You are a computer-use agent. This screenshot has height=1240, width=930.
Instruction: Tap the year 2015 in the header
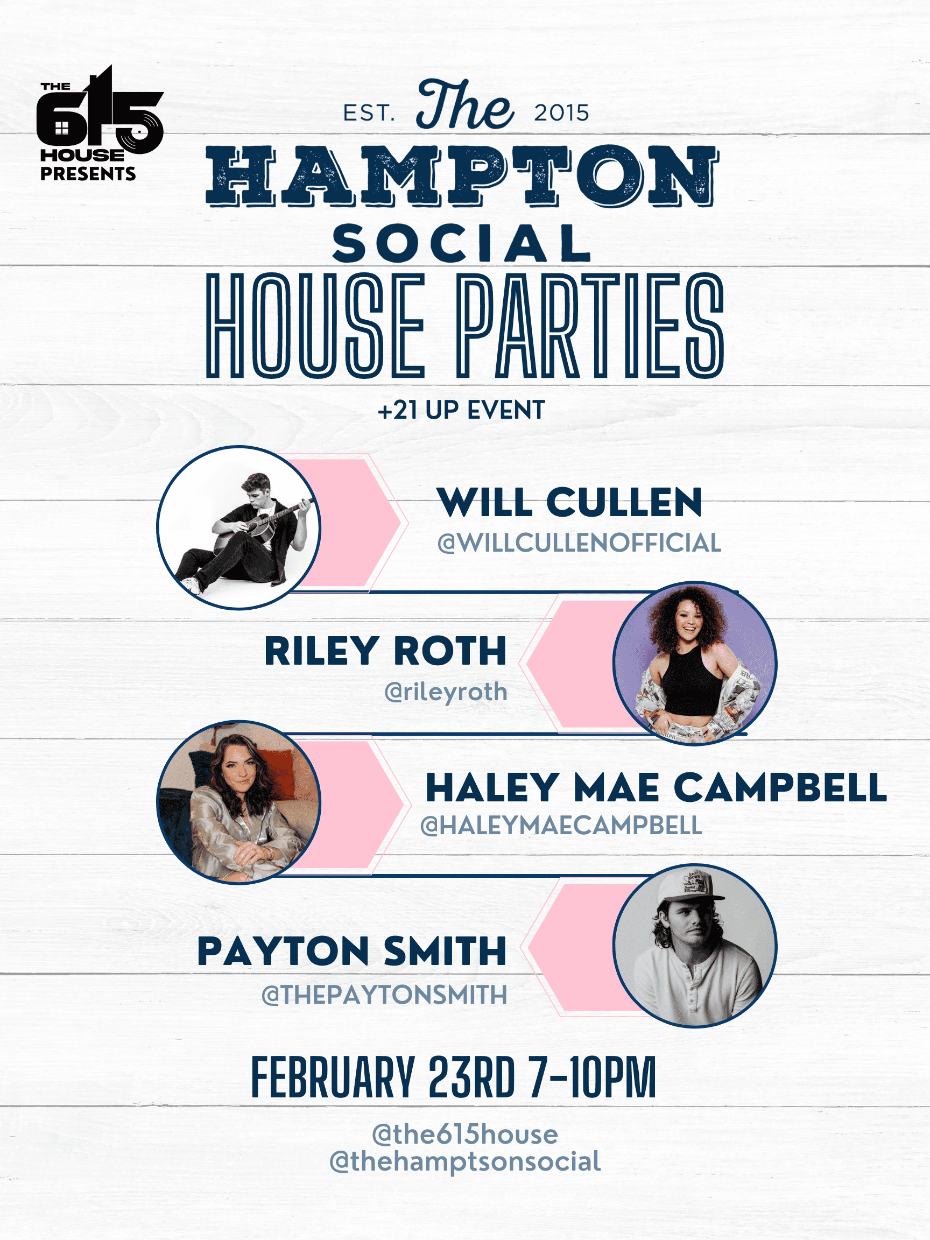(x=561, y=113)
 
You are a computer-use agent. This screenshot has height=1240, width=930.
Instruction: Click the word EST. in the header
(x=369, y=113)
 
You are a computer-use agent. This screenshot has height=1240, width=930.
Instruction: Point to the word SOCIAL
(x=461, y=244)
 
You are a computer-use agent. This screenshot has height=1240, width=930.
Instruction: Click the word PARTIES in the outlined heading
(x=589, y=326)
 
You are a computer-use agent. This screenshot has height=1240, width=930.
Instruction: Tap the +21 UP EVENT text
(x=461, y=410)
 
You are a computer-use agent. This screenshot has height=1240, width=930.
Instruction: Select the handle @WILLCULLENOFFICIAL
(x=579, y=542)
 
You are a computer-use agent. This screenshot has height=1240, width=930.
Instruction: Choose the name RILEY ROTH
(x=386, y=651)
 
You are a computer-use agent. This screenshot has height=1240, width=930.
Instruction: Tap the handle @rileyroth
(x=446, y=692)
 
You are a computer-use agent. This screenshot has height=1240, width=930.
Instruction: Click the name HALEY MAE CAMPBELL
(x=656, y=787)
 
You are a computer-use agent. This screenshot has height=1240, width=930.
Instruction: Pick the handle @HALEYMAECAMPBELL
(x=561, y=826)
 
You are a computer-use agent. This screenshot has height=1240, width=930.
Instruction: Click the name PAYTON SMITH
(x=352, y=952)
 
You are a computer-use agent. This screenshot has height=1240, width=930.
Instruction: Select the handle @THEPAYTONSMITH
(x=385, y=995)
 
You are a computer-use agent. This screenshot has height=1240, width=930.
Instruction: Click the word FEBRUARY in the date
(x=333, y=1077)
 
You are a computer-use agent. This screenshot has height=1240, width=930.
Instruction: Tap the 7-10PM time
(x=593, y=1077)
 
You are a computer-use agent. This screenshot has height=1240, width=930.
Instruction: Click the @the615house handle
(x=464, y=1134)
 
